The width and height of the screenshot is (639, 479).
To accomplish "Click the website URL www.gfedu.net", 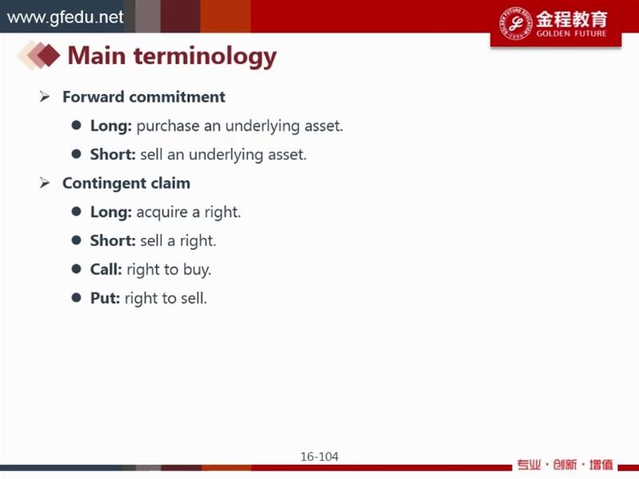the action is point(65,17).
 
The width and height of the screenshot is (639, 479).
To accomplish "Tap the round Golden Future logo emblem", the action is point(516,23).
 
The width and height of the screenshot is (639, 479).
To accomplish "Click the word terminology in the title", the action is point(205,56).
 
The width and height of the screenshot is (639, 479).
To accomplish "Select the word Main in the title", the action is point(97,55).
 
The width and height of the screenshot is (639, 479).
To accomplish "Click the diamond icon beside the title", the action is point(39,55).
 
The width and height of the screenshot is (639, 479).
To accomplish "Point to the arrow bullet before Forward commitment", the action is point(45,97).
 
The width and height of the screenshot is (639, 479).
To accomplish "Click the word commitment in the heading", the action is point(177,97).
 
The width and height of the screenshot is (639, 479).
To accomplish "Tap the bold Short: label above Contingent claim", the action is point(113,154).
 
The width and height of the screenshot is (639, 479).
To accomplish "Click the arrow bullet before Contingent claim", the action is point(45,184).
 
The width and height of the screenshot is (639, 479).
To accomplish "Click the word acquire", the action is point(162,212).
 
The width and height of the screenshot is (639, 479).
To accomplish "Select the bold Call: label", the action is point(106,269).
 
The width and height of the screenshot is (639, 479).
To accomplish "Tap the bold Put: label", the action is point(105,298).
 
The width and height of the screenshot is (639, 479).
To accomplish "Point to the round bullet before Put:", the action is point(76,298).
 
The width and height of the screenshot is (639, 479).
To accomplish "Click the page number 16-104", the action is point(319,457).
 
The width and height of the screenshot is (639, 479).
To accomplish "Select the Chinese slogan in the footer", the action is point(566,465).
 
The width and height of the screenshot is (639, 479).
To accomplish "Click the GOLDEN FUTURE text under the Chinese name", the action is point(571,34).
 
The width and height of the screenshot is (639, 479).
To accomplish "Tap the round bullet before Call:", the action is point(76,269).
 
